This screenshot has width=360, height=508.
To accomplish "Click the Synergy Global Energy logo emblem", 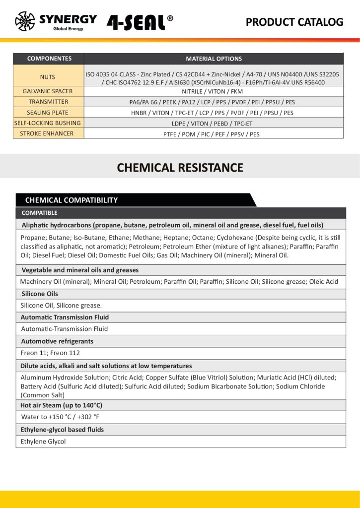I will point(25,21).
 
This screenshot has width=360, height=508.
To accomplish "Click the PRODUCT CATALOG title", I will point(294,22).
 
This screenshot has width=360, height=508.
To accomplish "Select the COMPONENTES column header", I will point(49,59).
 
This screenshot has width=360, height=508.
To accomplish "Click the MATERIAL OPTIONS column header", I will point(214,59).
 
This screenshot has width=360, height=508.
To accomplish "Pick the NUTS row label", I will point(48,77).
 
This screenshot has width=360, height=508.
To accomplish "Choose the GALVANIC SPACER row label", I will point(48,91).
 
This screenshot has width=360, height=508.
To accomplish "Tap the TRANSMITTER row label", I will point(48,102).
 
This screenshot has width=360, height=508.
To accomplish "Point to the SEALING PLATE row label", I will point(48,113).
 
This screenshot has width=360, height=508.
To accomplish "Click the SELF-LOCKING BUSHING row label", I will point(48,123).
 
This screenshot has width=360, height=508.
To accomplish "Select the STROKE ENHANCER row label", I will point(48,133).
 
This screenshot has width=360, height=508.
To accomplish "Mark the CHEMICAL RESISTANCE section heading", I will point(180,168).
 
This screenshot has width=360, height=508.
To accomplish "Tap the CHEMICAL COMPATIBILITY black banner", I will point(72,200).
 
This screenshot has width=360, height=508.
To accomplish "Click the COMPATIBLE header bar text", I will point(40,213).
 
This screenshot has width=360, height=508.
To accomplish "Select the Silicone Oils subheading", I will point(39,294).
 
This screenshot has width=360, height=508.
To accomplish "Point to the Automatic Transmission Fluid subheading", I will point(65,317).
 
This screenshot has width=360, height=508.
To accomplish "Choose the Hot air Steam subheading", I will point(61,405).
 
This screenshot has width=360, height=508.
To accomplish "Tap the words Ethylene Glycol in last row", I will point(43,442).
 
